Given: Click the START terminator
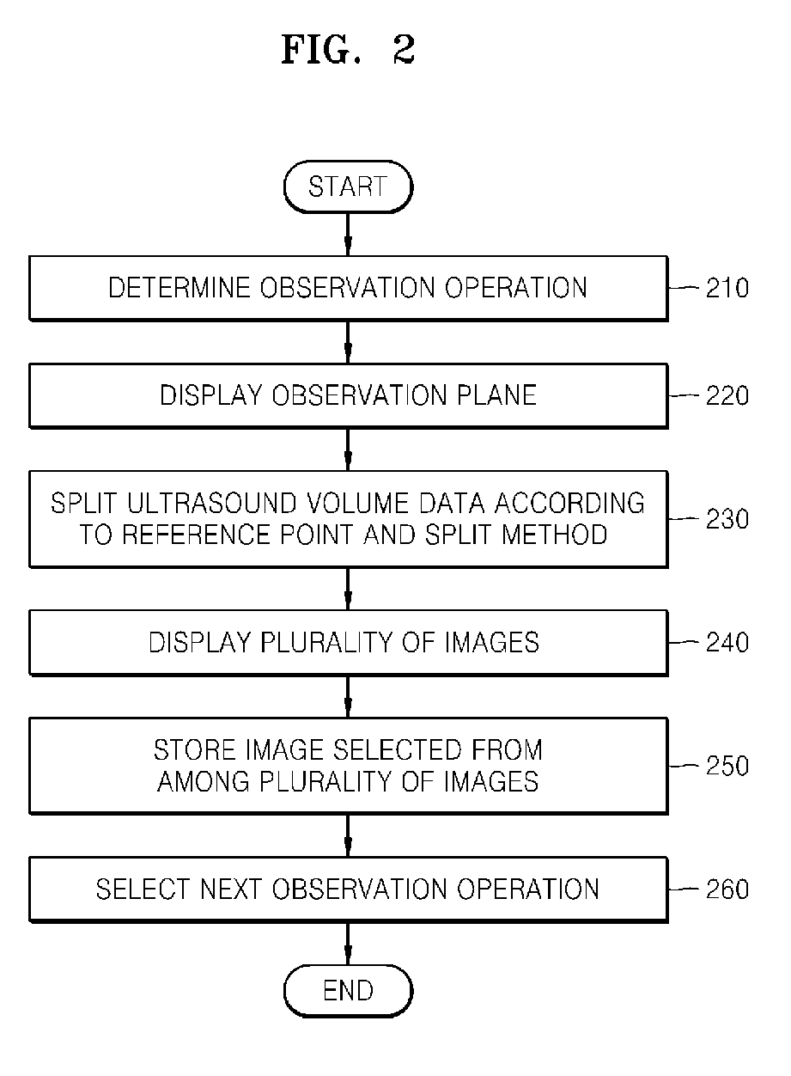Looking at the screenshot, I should click(348, 186).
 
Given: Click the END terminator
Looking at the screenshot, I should click(348, 990).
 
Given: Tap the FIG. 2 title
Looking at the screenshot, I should click(348, 52).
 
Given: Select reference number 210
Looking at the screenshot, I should click(727, 288).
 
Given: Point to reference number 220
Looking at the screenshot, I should click(727, 395).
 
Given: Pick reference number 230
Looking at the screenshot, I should click(727, 519).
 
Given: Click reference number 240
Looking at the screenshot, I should click(727, 642).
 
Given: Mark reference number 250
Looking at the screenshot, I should click(727, 766).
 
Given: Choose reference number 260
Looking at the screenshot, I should click(727, 889).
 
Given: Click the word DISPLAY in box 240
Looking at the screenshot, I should click(196, 642).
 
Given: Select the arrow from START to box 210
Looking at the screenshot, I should click(348, 234).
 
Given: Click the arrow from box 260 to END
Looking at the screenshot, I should click(348, 943).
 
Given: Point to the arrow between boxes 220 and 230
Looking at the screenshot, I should click(348, 449).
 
